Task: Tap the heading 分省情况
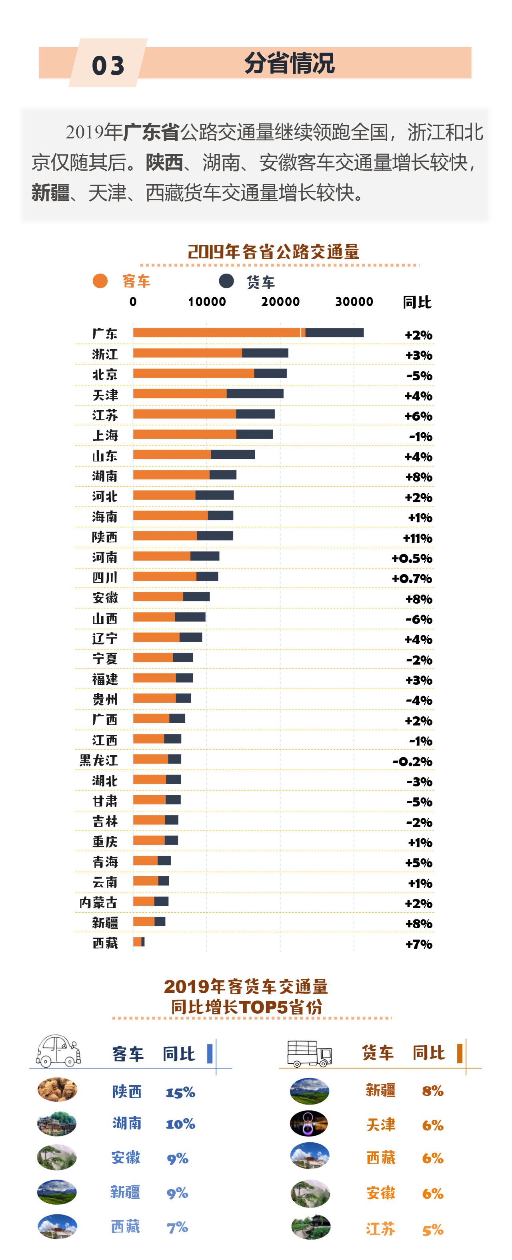289,63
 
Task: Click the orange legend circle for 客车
100,281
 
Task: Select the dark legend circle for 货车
226,281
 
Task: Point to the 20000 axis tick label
280,302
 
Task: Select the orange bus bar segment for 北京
194,374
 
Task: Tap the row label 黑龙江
99,760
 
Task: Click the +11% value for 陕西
417,538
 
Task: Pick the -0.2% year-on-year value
412,762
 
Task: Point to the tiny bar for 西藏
139,942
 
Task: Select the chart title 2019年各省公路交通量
274,252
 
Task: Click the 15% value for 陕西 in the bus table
180,1093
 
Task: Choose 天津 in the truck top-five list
380,1125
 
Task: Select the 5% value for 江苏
433,1230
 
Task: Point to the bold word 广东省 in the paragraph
152,132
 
